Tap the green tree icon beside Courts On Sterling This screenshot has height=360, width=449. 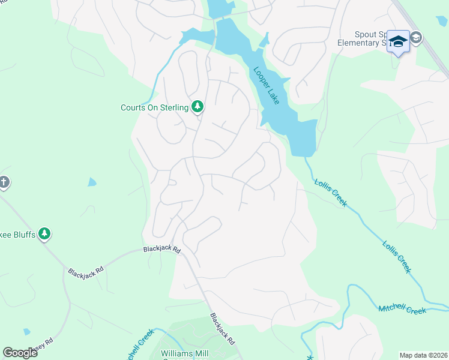click(197, 107)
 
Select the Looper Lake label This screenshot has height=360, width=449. click(266, 85)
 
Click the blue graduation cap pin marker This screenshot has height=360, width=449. click(398, 41)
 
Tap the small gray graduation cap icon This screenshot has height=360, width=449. click(416, 38)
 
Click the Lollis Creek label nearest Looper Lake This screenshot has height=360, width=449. click(330, 192)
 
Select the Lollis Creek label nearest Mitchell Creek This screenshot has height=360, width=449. click(397, 256)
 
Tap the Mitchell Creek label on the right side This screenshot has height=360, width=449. click(402, 310)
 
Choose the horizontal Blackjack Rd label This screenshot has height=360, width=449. click(161, 248)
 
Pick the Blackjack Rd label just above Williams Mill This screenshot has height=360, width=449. click(221, 329)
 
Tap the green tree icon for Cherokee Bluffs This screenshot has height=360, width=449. click(44, 233)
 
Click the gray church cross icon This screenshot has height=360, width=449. click(4, 182)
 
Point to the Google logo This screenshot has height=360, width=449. click(20, 353)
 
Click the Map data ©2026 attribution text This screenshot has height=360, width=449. click(423, 355)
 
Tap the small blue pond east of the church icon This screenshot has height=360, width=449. click(91, 182)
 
